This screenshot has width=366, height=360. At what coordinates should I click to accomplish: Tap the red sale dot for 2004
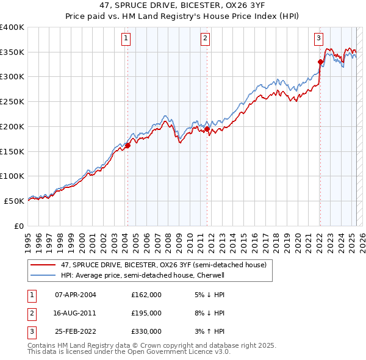pos(127,145)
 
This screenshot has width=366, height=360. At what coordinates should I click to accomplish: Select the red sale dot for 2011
pos(207,129)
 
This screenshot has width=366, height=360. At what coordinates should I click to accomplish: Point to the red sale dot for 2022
pos(320,62)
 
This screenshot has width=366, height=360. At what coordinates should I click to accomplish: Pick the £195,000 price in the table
pos(146,313)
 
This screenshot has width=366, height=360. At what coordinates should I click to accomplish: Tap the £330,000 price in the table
pos(146,331)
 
